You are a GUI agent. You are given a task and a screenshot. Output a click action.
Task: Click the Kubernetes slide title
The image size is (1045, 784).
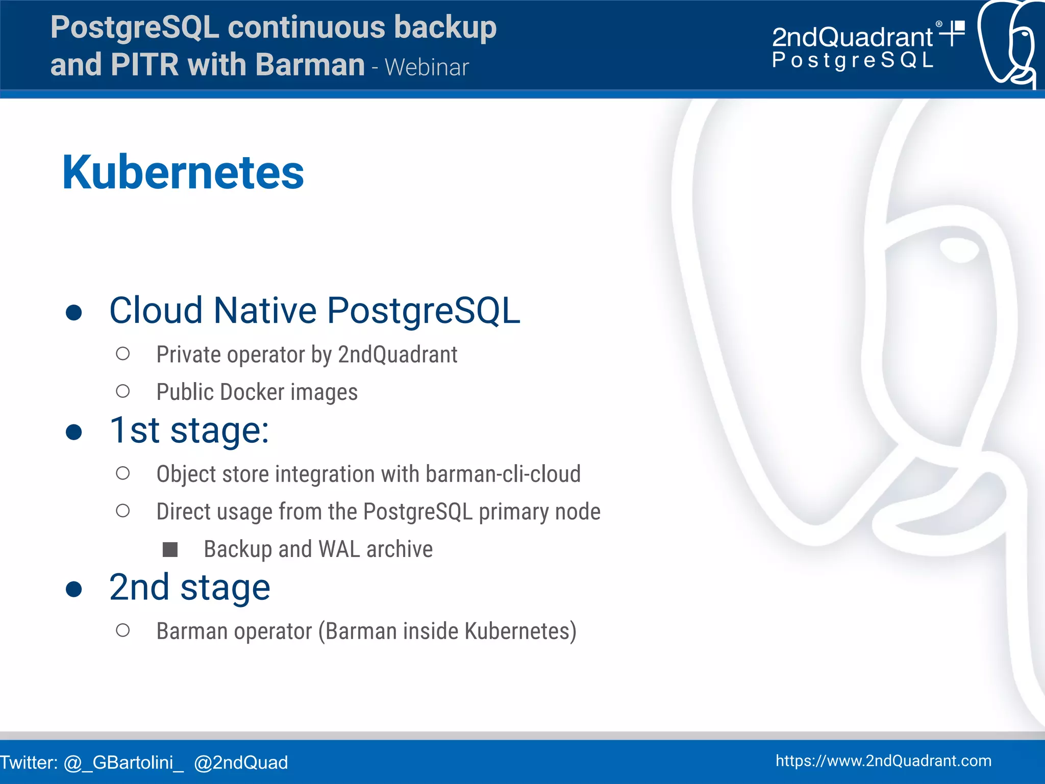[x=183, y=172]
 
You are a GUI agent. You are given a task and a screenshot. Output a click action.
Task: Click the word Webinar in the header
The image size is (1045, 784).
[x=427, y=68]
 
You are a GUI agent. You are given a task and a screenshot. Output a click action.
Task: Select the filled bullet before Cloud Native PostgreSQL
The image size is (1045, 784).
[x=74, y=312]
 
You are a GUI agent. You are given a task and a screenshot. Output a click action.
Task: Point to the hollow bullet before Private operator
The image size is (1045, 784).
[x=122, y=353]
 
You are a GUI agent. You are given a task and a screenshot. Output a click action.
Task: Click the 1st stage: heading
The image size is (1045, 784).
[x=189, y=431]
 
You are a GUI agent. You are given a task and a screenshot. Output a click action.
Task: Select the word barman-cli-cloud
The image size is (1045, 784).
[x=503, y=474]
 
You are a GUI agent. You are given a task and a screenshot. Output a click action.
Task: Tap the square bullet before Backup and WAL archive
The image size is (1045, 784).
[x=170, y=549]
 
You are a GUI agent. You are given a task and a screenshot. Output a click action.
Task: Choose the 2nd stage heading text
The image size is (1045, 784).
[x=189, y=588]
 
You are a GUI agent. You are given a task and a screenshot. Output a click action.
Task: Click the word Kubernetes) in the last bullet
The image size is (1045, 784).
[x=520, y=631]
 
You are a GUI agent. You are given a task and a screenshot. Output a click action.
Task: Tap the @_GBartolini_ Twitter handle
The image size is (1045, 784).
[x=123, y=763]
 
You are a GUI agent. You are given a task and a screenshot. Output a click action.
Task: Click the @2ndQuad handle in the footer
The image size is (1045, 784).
[x=241, y=763]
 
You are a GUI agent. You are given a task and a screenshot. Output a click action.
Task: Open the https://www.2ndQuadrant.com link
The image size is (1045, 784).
[x=883, y=761]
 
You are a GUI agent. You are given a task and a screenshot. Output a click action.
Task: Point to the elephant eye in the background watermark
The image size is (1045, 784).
[x=959, y=250]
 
